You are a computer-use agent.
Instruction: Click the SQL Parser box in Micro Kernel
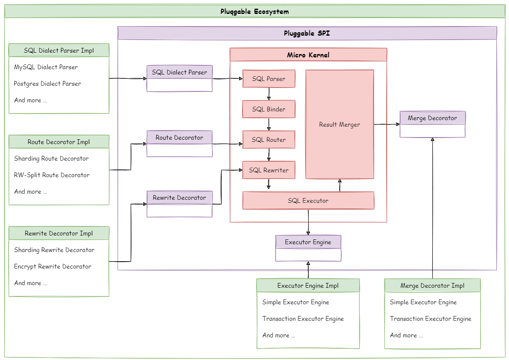coord(269,79)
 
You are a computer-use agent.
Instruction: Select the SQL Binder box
coord(269,109)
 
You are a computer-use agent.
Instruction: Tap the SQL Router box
coord(269,140)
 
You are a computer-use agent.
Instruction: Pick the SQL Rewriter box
coord(269,170)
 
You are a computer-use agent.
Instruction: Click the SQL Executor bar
coord(308,201)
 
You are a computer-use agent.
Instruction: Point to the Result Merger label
coord(340,124)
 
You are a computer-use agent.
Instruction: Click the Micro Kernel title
coord(308,55)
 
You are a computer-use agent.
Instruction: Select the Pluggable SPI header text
coord(307,33)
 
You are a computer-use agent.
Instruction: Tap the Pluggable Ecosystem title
coord(255,11)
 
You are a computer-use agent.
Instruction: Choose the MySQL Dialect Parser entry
coord(46,67)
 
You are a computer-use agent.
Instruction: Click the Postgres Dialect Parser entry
coord(47,84)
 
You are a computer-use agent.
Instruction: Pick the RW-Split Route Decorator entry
coord(52,175)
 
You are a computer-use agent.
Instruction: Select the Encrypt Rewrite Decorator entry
coord(53,266)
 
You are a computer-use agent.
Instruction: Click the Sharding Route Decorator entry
coord(51,158)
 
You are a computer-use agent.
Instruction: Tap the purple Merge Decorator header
coord(432,118)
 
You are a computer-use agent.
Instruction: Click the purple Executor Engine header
coord(308,242)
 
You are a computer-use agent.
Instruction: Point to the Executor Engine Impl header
coord(308,286)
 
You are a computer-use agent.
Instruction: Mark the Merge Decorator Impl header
coord(432,286)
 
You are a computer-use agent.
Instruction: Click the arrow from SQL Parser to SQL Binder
coord(269,94)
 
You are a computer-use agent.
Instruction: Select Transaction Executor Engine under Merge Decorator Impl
coord(431,319)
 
